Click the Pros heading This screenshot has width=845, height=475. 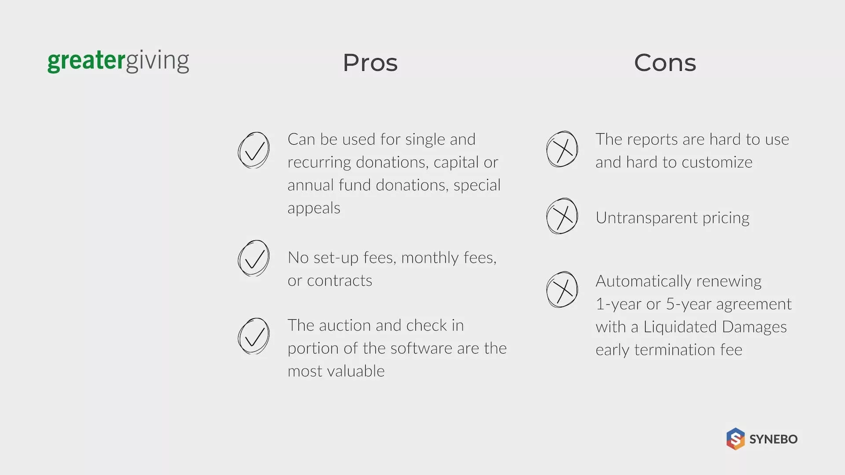pyautogui.click(x=370, y=62)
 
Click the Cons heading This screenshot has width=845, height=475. pyautogui.click(x=665, y=62)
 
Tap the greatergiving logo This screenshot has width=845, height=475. pyautogui.click(x=118, y=62)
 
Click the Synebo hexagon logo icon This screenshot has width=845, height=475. pyautogui.click(x=735, y=439)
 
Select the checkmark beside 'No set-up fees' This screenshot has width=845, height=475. pyautogui.click(x=253, y=258)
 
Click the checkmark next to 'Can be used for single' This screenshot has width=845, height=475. pyautogui.click(x=253, y=150)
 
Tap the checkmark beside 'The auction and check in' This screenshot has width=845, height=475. pyautogui.click(x=253, y=336)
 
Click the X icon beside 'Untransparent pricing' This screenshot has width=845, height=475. pyautogui.click(x=562, y=216)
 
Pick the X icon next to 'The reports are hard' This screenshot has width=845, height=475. pyautogui.click(x=562, y=149)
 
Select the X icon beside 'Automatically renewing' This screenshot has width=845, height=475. pyautogui.click(x=562, y=289)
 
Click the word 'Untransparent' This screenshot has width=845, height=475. pyautogui.click(x=647, y=218)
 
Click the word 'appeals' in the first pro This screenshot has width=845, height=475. pyautogui.click(x=314, y=208)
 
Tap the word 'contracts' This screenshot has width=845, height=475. pyautogui.click(x=339, y=281)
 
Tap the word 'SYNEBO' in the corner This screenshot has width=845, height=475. pyautogui.click(x=773, y=439)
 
